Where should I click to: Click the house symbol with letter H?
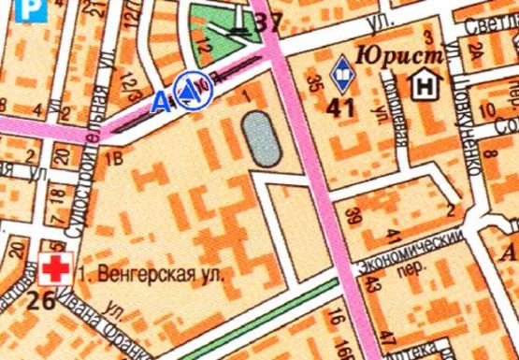pos(425,85)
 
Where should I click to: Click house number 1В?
pos(114,156)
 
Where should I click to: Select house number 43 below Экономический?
pos(372,282)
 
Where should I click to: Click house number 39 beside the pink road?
pos(353,218)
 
